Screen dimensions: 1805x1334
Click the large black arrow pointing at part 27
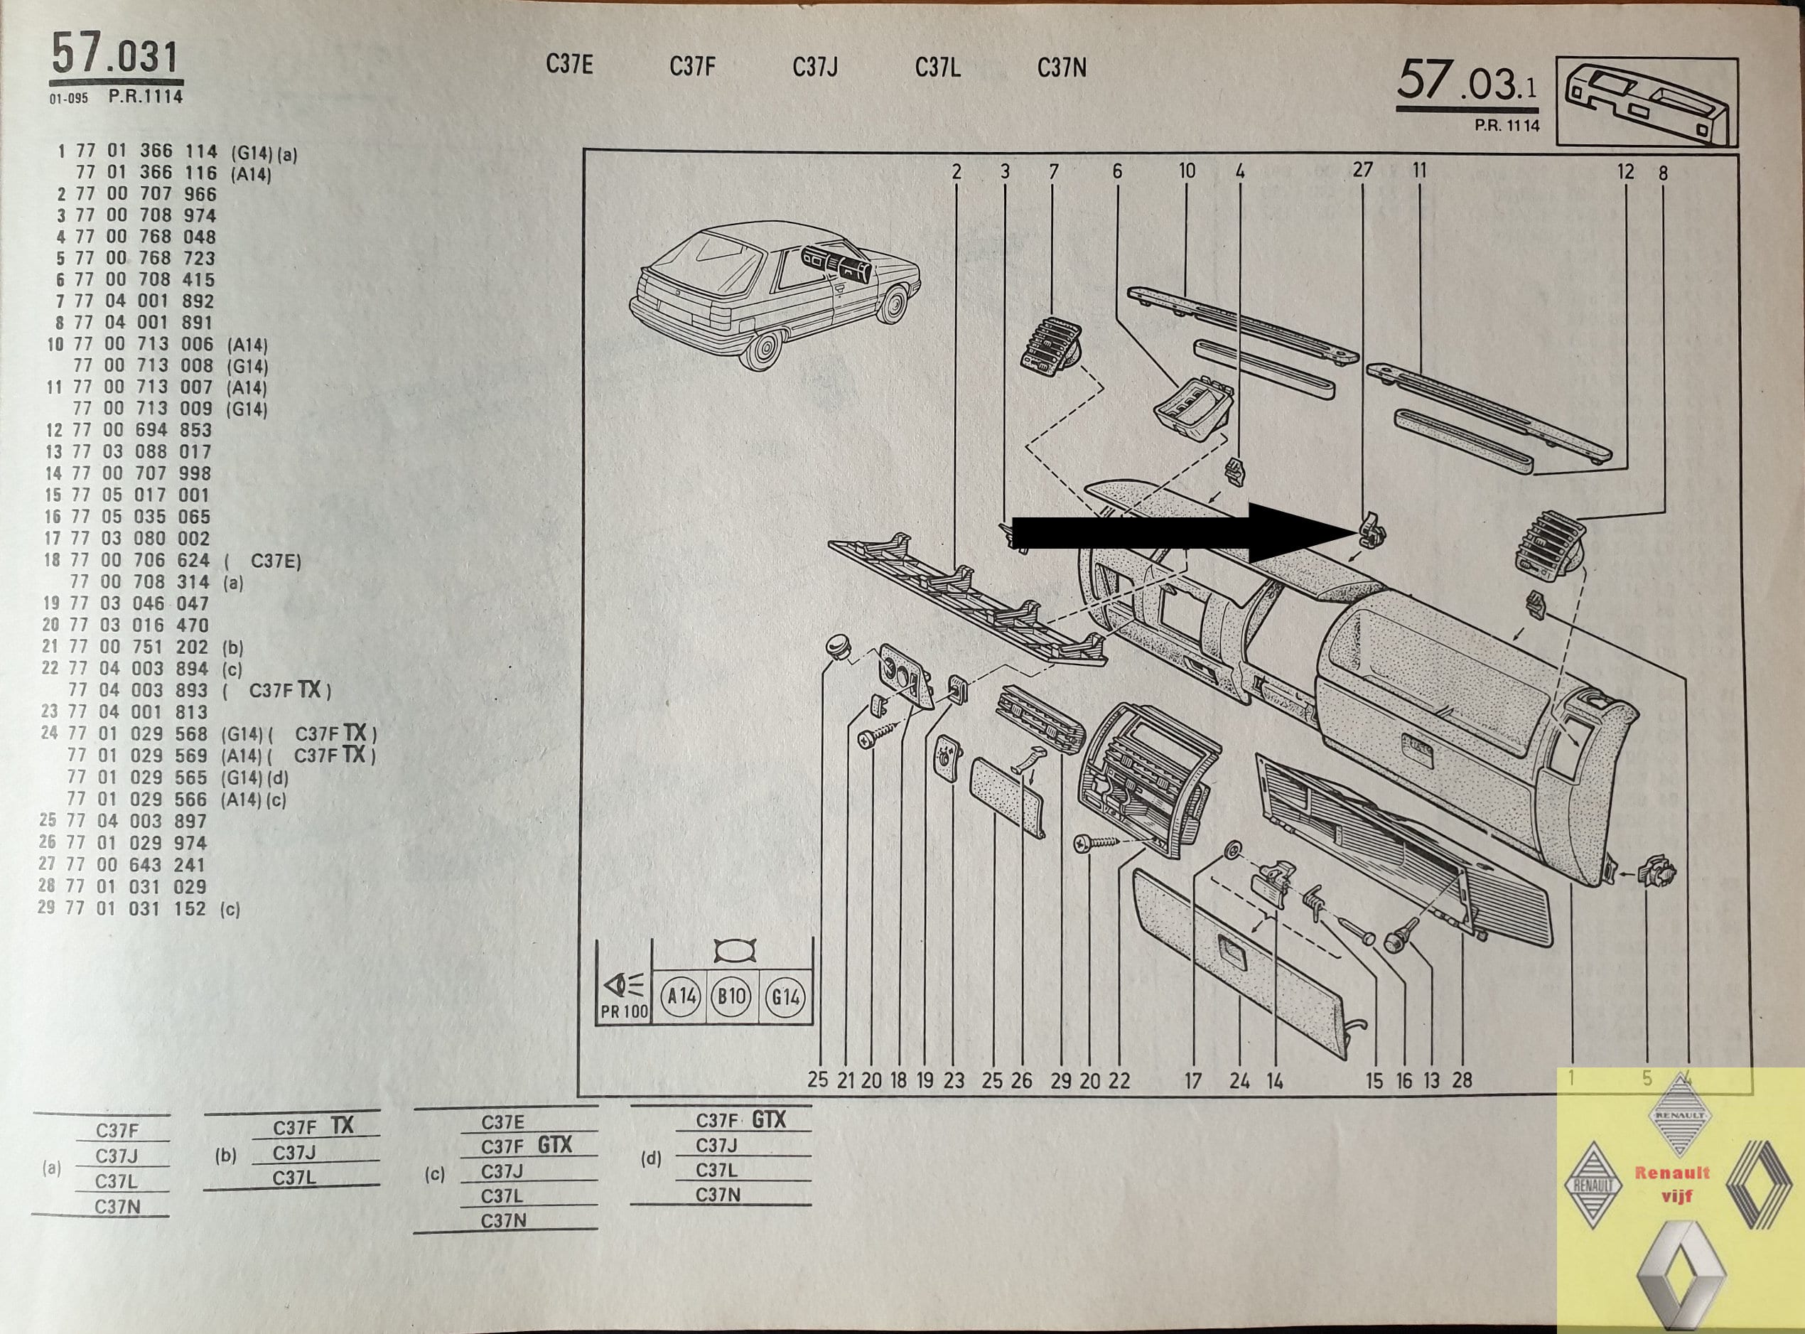click(x=1183, y=532)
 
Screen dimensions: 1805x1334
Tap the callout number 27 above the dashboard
click(x=1362, y=170)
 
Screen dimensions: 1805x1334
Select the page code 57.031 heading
click(x=114, y=58)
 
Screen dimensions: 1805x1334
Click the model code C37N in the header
click(x=1062, y=68)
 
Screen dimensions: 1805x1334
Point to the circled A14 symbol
click(x=683, y=996)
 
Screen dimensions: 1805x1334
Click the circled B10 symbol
click(x=733, y=996)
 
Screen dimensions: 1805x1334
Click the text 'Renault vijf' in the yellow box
click(x=1672, y=1183)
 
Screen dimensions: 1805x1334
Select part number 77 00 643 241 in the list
click(x=135, y=864)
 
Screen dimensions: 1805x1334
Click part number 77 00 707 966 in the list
click(x=145, y=194)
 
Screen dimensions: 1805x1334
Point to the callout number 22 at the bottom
click(x=1119, y=1080)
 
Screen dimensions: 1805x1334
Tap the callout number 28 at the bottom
click(x=1462, y=1080)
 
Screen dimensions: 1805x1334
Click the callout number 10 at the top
click(x=1187, y=171)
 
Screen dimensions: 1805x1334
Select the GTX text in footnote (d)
click(x=768, y=1119)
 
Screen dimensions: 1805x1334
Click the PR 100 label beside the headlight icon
click(x=624, y=1012)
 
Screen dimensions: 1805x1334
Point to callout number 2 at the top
click(x=957, y=171)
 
